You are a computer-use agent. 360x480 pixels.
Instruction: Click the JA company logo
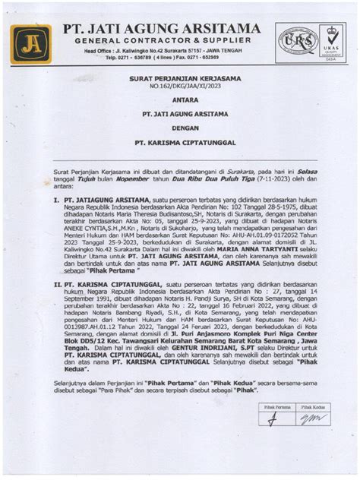30,43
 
